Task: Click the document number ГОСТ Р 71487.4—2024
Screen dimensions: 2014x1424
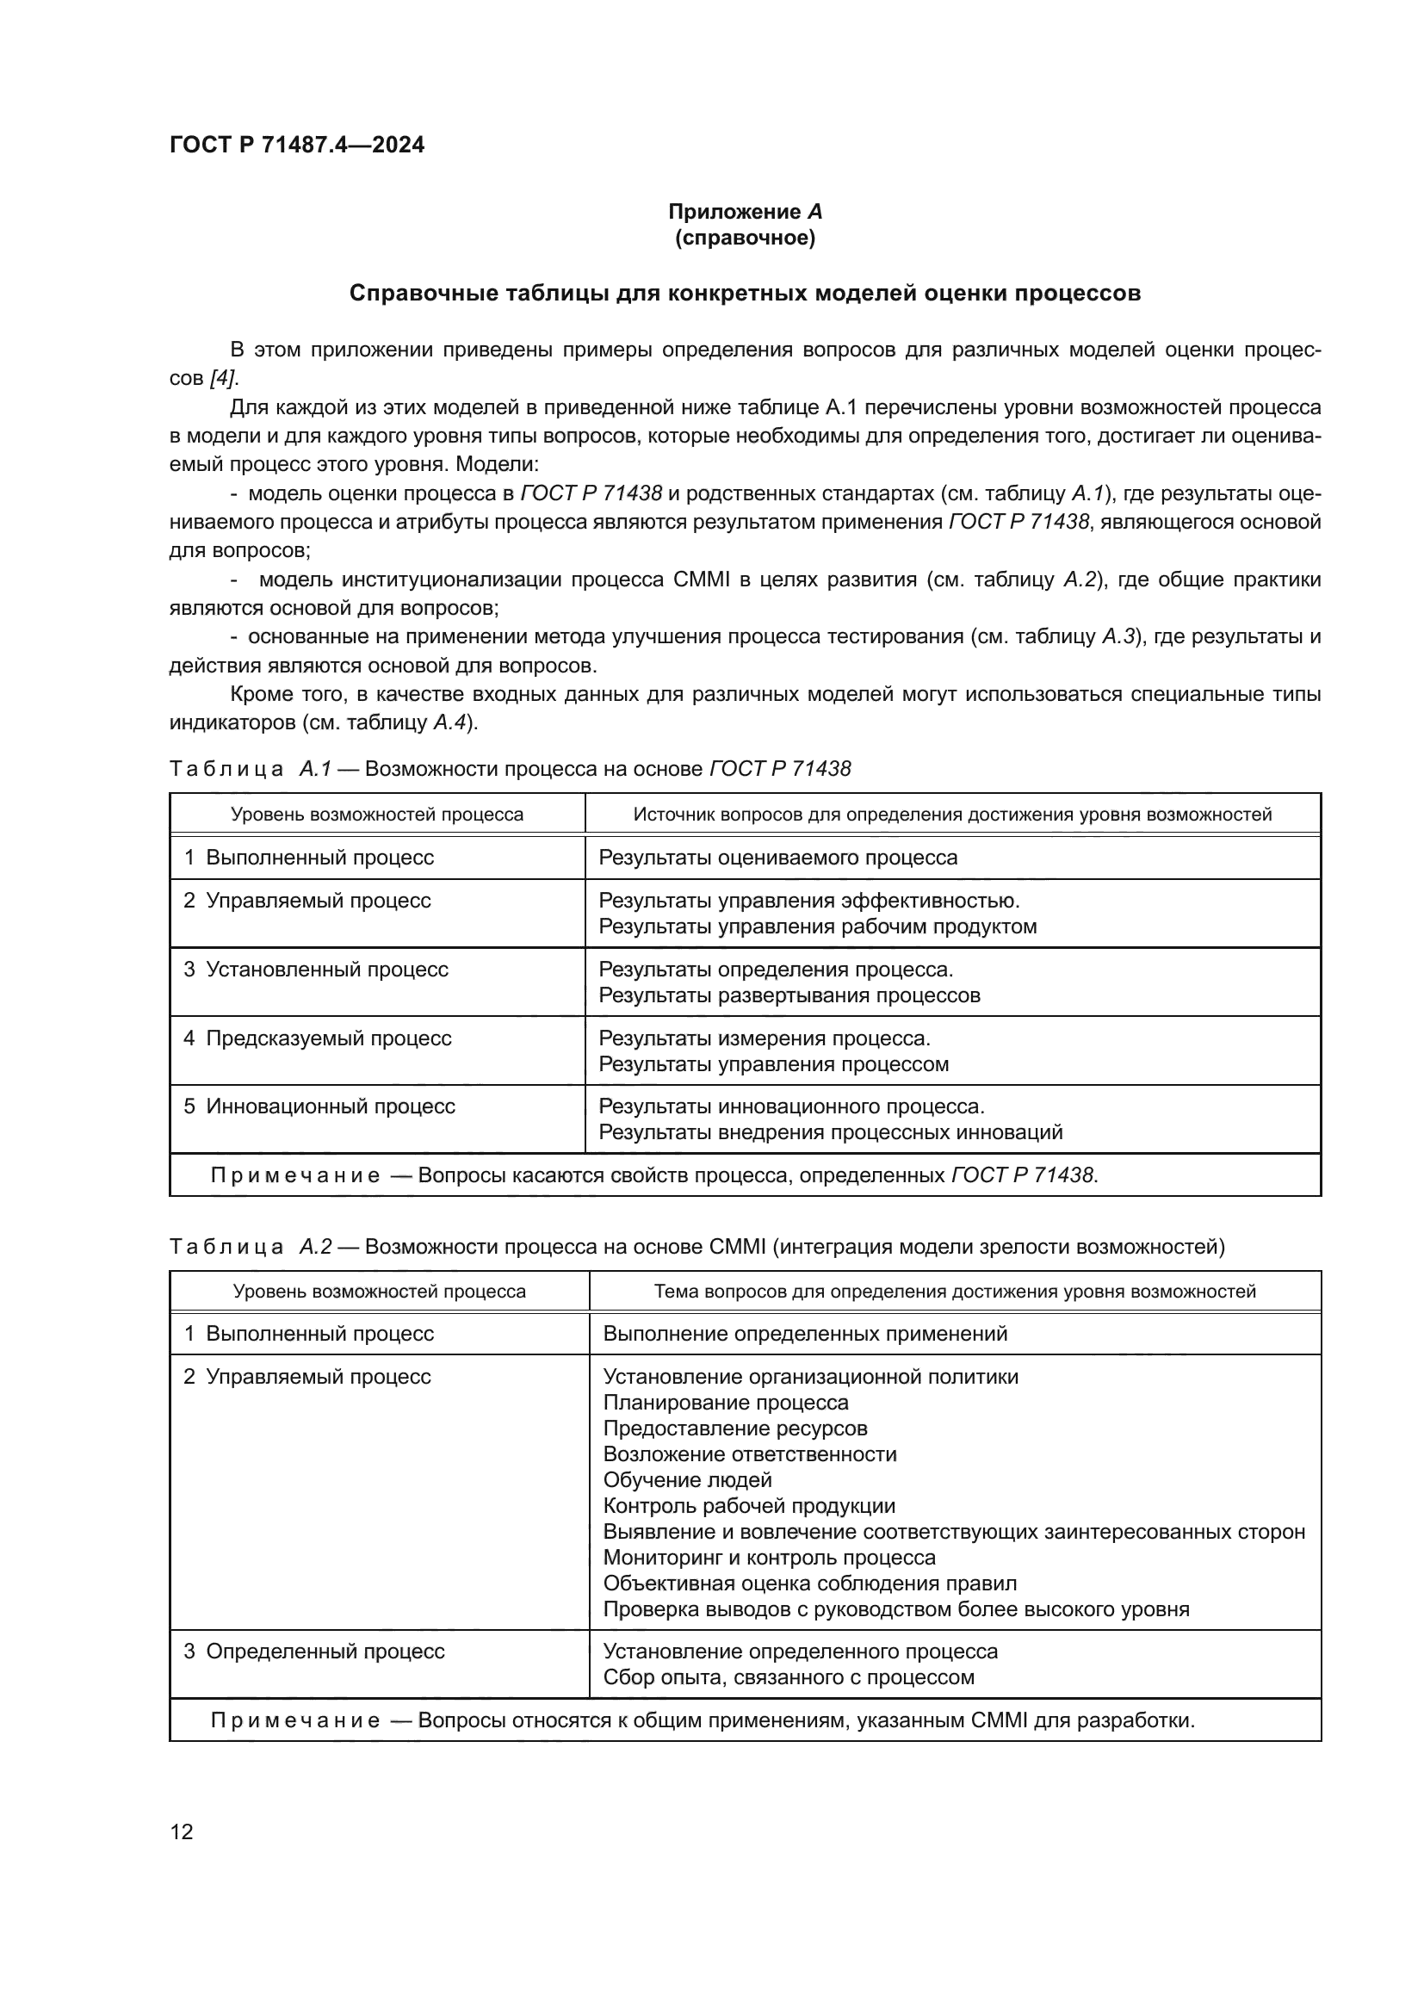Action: [296, 145]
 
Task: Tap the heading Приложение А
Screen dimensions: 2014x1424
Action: [745, 212]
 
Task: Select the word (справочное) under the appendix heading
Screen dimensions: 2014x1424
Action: [745, 239]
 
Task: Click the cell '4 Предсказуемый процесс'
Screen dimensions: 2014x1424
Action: [318, 1038]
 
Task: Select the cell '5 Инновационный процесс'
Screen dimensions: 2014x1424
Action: [319, 1106]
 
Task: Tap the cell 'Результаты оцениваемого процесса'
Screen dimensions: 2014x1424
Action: [777, 858]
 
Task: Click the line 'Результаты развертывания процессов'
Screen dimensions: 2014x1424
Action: [789, 995]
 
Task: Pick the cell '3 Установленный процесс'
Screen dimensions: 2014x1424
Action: [316, 970]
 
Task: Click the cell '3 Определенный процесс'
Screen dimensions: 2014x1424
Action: [314, 1651]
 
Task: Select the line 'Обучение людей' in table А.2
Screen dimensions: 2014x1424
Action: [687, 1481]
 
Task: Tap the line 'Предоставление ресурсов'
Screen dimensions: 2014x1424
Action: [734, 1429]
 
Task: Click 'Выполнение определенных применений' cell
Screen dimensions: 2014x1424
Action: [805, 1334]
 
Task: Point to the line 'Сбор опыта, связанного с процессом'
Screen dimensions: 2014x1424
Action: [789, 1678]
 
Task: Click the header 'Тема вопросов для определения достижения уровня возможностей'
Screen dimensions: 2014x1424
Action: [954, 1292]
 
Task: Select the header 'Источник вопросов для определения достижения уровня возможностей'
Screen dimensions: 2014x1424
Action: [952, 815]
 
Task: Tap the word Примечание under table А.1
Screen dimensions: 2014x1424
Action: [294, 1175]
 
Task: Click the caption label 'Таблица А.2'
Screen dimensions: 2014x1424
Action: [250, 1247]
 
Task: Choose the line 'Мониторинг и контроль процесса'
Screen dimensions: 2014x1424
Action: [769, 1559]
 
